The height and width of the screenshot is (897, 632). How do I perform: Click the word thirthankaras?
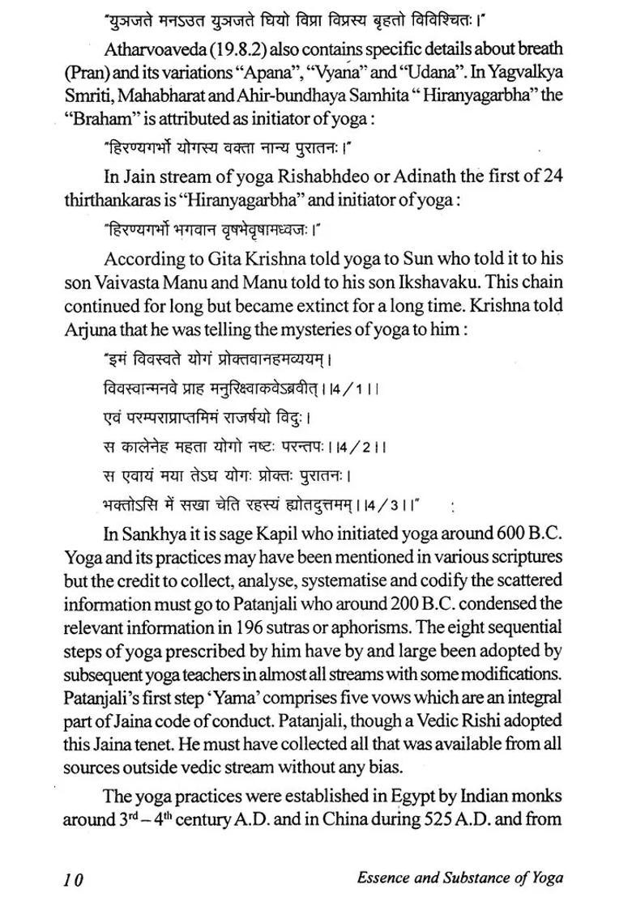pyautogui.click(x=112, y=197)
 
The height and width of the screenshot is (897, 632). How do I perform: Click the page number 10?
pyautogui.click(x=72, y=878)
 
